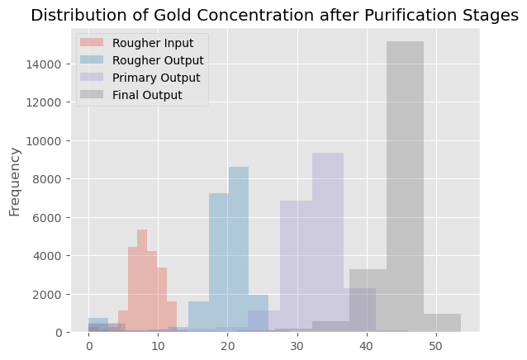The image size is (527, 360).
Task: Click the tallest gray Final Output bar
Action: click(x=405, y=187)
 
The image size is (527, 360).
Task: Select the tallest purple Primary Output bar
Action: click(x=328, y=243)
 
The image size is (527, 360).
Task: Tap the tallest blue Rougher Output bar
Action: click(x=239, y=249)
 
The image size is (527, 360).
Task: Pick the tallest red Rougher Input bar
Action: click(x=142, y=281)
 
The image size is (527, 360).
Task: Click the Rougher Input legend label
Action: click(x=153, y=43)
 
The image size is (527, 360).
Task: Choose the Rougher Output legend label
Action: click(x=158, y=60)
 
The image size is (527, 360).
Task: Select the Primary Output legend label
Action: click(x=156, y=78)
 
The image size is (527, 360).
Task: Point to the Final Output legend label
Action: click(x=147, y=95)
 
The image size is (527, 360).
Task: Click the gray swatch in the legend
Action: click(x=92, y=95)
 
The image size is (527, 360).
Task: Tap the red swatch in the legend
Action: click(x=92, y=43)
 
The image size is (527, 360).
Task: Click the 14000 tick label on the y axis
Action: click(x=44, y=64)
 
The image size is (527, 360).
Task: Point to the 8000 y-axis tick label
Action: click(x=47, y=179)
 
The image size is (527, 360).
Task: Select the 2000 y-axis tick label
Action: click(x=47, y=294)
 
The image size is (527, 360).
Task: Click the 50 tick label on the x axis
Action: click(x=436, y=346)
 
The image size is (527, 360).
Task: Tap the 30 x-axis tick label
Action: click(x=297, y=346)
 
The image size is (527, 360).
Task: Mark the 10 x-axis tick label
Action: click(x=158, y=346)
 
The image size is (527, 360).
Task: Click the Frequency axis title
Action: click(x=15, y=182)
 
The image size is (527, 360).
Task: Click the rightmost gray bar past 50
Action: click(x=442, y=323)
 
